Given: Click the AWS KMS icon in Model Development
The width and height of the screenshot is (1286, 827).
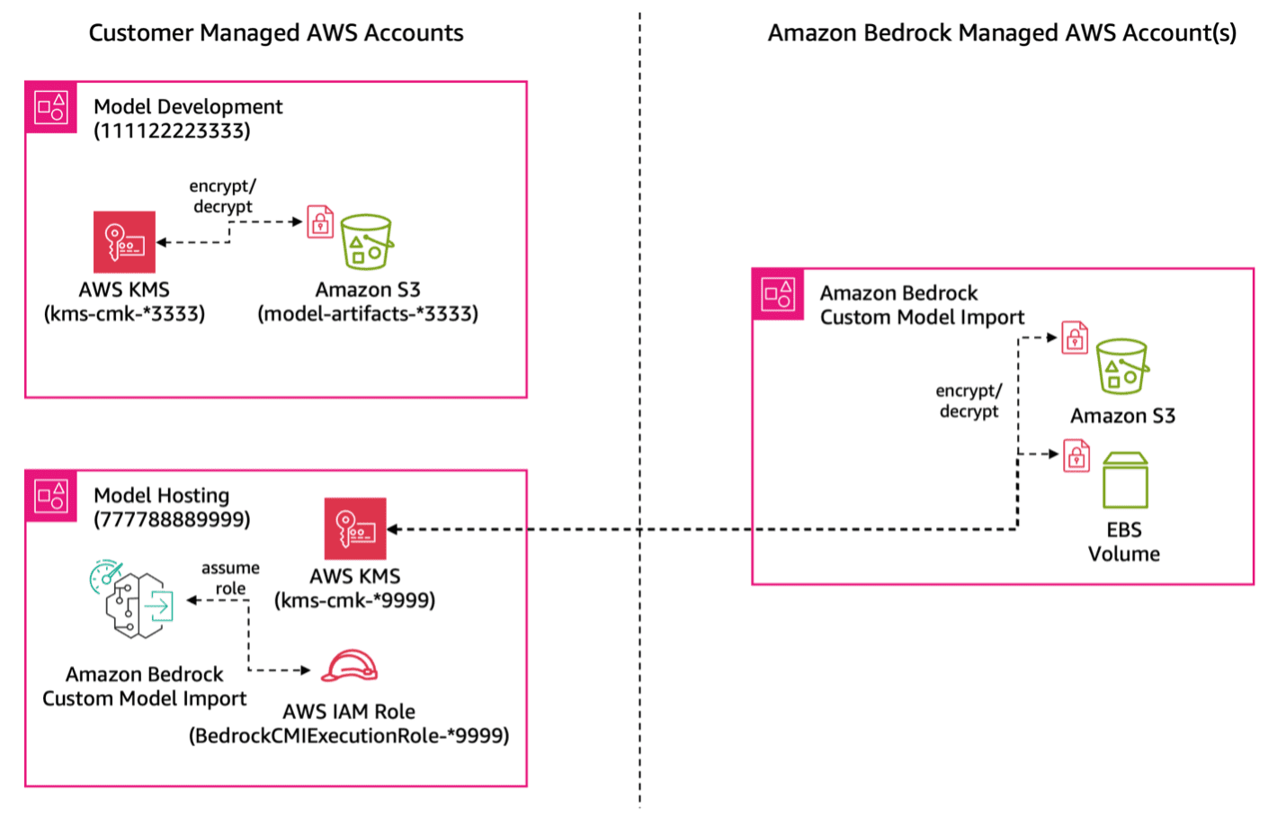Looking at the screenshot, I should pyautogui.click(x=124, y=242).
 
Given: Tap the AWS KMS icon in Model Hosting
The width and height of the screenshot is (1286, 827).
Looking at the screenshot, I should pyautogui.click(x=355, y=529).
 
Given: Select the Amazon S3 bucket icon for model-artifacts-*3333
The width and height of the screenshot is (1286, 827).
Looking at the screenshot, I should pyautogui.click(x=367, y=242).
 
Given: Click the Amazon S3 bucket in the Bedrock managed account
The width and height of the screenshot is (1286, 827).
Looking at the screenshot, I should pyautogui.click(x=1122, y=366).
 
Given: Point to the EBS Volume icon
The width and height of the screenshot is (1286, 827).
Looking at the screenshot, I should pyautogui.click(x=1125, y=481).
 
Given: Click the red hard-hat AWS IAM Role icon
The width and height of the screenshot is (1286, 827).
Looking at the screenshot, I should pyautogui.click(x=350, y=667).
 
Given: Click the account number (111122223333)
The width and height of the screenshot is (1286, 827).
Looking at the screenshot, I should pyautogui.click(x=172, y=131).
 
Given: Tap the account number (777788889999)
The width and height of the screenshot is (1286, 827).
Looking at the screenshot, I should pyautogui.click(x=172, y=520).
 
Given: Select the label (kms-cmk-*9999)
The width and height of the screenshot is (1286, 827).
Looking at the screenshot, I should pyautogui.click(x=355, y=600).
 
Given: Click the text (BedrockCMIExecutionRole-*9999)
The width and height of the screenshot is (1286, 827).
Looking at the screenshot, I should pyautogui.click(x=349, y=736).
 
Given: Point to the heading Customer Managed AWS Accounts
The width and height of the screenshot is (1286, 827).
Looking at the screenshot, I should pyautogui.click(x=276, y=33).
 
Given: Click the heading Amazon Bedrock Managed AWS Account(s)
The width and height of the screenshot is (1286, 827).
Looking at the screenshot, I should pyautogui.click(x=1002, y=33).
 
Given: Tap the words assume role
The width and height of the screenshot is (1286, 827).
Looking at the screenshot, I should pyautogui.click(x=230, y=578).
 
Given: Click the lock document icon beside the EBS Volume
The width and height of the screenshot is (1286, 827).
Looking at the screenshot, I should pyautogui.click(x=1076, y=456).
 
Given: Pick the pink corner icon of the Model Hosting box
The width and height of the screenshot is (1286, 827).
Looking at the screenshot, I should pyautogui.click(x=51, y=496).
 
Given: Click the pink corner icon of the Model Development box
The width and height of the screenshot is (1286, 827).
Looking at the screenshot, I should pyautogui.click(x=51, y=107).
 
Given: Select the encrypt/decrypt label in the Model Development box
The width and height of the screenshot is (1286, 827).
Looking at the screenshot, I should pyautogui.click(x=222, y=196).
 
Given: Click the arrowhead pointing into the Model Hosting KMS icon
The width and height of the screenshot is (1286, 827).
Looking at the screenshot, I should pyautogui.click(x=393, y=529).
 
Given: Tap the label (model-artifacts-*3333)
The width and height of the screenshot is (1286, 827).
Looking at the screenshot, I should pyautogui.click(x=368, y=314).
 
